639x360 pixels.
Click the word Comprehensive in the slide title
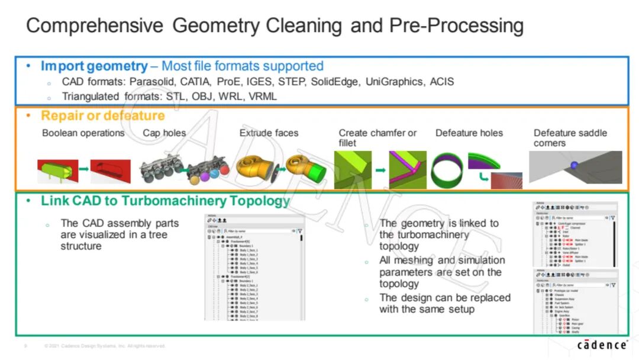click(x=95, y=26)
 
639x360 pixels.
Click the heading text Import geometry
click(x=94, y=66)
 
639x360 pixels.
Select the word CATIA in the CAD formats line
click(x=195, y=82)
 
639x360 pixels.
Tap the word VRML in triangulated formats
click(x=263, y=96)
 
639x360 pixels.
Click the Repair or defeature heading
click(x=102, y=115)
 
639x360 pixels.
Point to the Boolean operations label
click(x=83, y=133)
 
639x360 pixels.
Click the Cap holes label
click(x=164, y=133)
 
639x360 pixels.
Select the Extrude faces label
click(x=269, y=133)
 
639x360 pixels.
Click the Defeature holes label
click(x=469, y=133)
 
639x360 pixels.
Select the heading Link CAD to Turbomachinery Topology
click(x=165, y=201)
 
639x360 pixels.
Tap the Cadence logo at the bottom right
click(x=602, y=345)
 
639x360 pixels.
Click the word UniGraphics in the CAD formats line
click(x=392, y=82)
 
